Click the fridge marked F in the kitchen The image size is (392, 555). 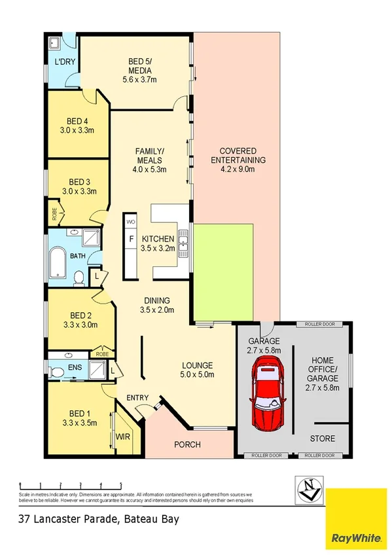click(x=131, y=240)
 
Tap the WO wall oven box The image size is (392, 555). click(x=130, y=223)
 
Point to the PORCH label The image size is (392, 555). click(x=187, y=445)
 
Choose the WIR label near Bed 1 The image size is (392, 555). click(x=122, y=435)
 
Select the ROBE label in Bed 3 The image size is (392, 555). click(x=54, y=214)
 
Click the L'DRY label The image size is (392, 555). click(x=63, y=62)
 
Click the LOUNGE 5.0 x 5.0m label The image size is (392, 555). click(x=197, y=370)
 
